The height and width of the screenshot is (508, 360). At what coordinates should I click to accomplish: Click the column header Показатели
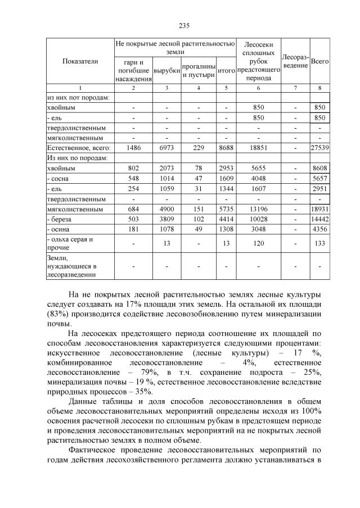coord(80,61)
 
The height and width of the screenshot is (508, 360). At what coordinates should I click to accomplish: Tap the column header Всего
coord(319,61)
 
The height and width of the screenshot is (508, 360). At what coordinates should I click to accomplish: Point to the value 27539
coord(319,147)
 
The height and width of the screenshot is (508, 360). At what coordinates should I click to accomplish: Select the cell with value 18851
coord(258,147)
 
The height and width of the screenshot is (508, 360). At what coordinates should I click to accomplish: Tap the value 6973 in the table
coord(166,147)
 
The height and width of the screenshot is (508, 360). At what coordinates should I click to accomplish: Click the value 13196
coord(258,209)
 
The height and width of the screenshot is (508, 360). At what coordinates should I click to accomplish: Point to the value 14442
coord(319,219)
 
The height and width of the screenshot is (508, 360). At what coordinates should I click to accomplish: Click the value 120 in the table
coord(258,243)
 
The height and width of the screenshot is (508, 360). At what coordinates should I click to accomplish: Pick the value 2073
coord(166,168)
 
